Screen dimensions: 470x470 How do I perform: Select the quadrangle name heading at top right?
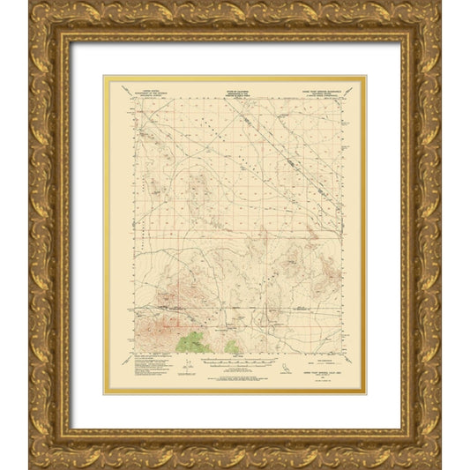316,88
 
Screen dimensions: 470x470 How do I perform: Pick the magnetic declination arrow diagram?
188,363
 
